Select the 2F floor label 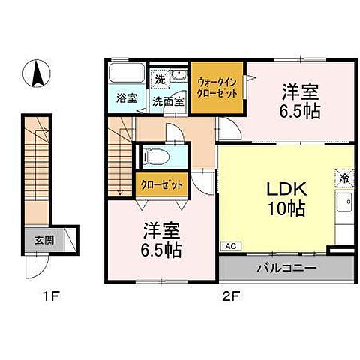tap(229, 296)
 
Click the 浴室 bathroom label tap(126, 97)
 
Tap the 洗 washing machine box tap(160, 78)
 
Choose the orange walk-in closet tap(217, 86)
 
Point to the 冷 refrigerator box tap(343, 179)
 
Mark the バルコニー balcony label tap(286, 267)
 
